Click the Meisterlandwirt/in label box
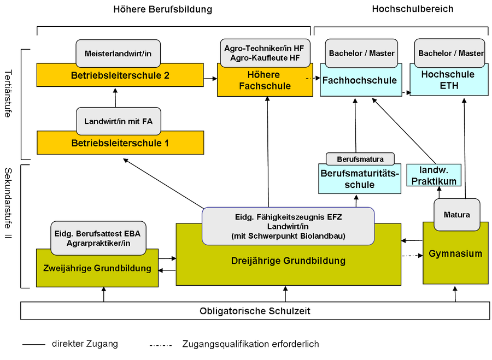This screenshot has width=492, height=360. (x=118, y=53)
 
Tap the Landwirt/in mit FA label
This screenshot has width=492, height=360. (x=118, y=121)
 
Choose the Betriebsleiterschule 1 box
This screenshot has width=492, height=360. (x=120, y=143)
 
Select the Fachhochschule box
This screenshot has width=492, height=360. (x=359, y=81)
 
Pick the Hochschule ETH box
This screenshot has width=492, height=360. (x=448, y=81)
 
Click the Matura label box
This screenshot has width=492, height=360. (x=456, y=214)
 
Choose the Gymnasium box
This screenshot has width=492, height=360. (x=455, y=253)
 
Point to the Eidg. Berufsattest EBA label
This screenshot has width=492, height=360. (x=97, y=238)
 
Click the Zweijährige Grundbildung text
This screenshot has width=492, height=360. (x=97, y=268)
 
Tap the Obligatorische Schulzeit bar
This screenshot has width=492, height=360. (x=254, y=310)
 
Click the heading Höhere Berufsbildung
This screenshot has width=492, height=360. (x=162, y=9)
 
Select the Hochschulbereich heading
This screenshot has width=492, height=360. (x=412, y=9)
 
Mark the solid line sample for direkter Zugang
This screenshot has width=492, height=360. (x=33, y=344)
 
